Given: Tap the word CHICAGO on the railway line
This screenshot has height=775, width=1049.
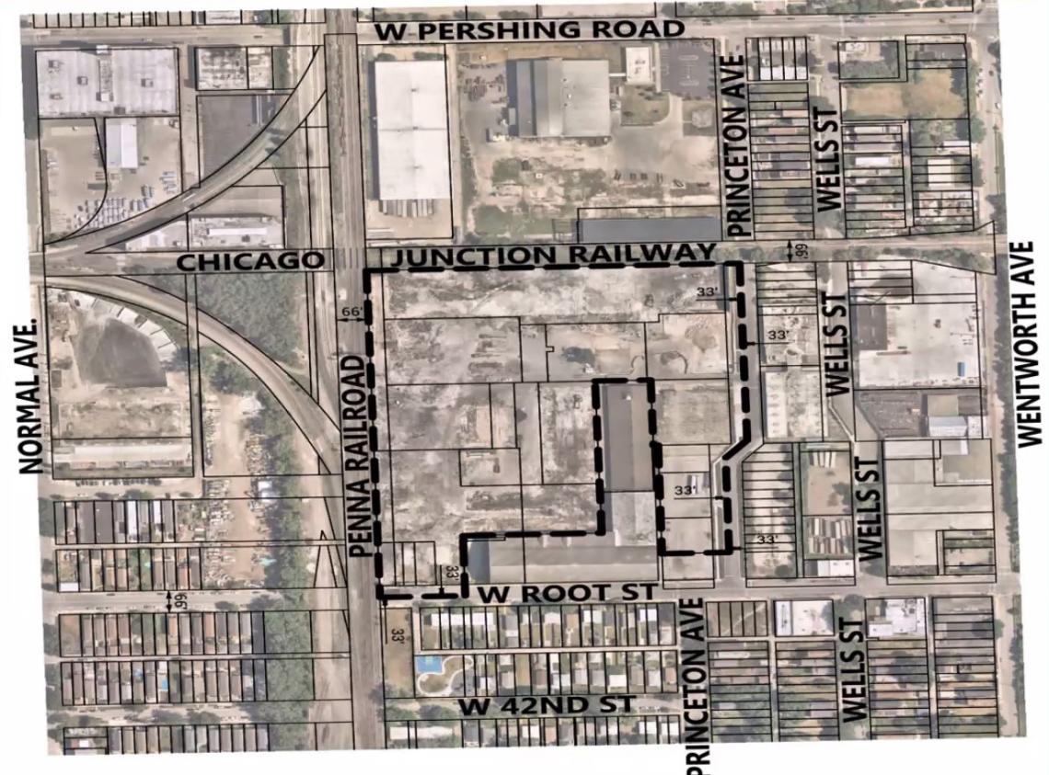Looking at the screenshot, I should (250, 261).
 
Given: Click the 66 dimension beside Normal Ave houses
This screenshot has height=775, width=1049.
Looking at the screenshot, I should (168, 600).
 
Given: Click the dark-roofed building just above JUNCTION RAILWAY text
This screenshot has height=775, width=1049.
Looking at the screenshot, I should (649, 229).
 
